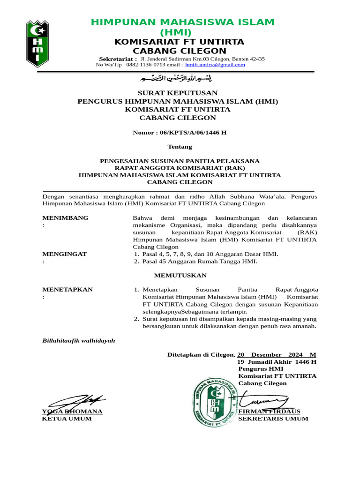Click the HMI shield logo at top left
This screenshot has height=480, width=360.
[x=37, y=43]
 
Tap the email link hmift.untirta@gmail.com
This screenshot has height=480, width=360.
[x=215, y=65]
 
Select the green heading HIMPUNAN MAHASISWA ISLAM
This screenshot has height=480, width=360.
[x=182, y=22]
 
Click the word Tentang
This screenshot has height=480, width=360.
[x=180, y=147]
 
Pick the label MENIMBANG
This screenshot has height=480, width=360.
[x=65, y=218]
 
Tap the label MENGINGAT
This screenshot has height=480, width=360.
[x=64, y=254]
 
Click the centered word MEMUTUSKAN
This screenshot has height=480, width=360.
[x=180, y=276]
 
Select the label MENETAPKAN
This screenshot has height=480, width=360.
[x=67, y=290]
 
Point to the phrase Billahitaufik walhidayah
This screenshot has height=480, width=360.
[x=78, y=341]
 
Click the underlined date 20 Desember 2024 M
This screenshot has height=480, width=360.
[x=277, y=355]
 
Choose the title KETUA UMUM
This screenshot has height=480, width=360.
[x=67, y=419]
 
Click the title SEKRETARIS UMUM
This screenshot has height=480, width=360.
[x=273, y=419]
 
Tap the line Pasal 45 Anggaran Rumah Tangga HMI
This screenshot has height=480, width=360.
[x=199, y=262]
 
